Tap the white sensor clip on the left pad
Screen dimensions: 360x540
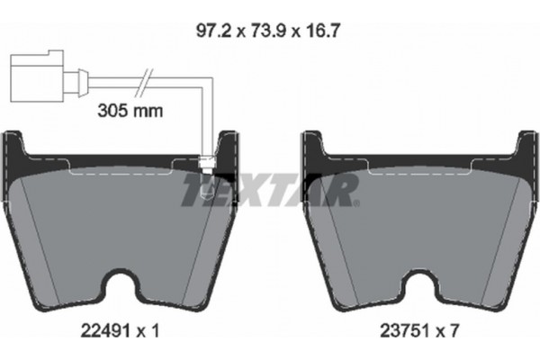point(204,164)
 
